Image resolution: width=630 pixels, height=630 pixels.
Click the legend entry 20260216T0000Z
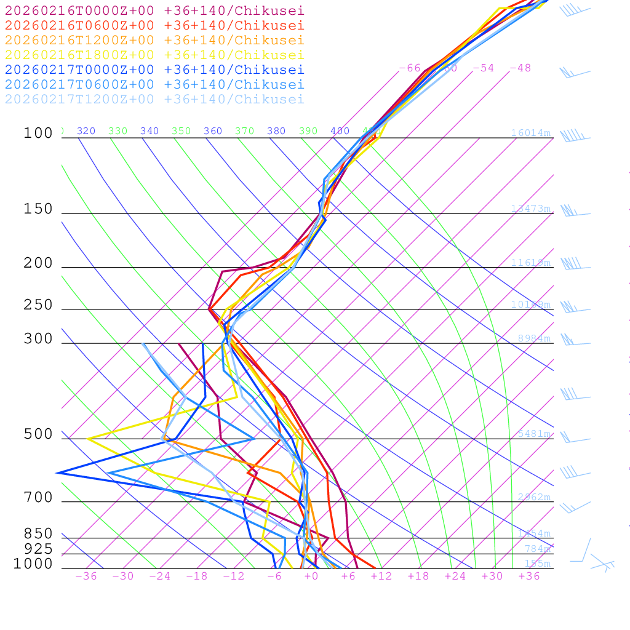154,10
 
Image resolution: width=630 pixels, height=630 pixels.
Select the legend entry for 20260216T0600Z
154,25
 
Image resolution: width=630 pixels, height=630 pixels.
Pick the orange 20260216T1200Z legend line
154,40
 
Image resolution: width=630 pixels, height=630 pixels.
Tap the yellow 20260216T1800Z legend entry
154,55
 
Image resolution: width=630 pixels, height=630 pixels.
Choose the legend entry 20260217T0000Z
154,70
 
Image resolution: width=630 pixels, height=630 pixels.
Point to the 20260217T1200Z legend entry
154,99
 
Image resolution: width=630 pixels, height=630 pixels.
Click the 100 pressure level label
38,133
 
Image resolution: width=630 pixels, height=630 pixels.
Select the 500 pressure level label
38,434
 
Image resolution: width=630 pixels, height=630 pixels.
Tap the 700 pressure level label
38,497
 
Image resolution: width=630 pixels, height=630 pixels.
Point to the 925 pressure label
38,548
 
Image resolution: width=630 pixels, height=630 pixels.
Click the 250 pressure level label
38,305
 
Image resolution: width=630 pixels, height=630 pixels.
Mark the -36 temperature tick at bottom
86,576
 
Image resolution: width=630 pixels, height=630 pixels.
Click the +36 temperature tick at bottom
529,576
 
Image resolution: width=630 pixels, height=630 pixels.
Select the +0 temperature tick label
311,576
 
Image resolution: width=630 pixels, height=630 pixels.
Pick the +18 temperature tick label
418,576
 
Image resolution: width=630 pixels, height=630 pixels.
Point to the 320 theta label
86,131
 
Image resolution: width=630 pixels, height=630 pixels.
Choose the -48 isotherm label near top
520,68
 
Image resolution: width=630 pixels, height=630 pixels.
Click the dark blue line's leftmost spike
57,472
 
